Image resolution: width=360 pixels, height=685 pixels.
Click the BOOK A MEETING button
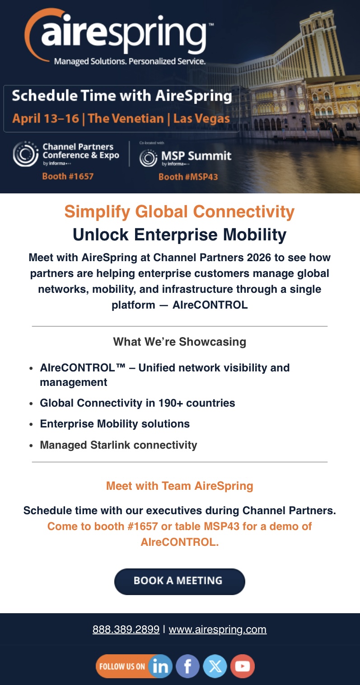coord(180,582)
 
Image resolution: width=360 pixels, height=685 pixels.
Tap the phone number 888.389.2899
coord(126,629)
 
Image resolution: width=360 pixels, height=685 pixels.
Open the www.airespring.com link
coord(218,629)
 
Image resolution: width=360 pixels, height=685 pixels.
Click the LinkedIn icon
coord(160,666)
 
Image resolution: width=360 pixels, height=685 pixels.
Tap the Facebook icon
coord(187,666)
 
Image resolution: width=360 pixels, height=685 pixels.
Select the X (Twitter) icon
coord(215,666)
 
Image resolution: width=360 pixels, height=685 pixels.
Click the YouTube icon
coord(243,666)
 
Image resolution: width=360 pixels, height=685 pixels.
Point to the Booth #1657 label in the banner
coord(68,176)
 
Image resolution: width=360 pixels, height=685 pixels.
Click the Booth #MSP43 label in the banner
coord(188,177)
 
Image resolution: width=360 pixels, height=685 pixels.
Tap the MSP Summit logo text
coord(196,155)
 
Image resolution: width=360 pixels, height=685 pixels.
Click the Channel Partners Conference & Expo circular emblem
coord(26,154)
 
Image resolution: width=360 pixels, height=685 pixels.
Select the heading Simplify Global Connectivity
coord(180,211)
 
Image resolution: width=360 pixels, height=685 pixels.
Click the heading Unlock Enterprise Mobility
coord(180,235)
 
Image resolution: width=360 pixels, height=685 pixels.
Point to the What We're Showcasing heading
coord(180,342)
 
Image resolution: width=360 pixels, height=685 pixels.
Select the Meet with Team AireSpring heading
coord(180,486)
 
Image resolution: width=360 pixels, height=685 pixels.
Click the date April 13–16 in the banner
coord(46,118)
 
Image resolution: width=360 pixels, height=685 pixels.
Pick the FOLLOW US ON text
coord(122,666)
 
